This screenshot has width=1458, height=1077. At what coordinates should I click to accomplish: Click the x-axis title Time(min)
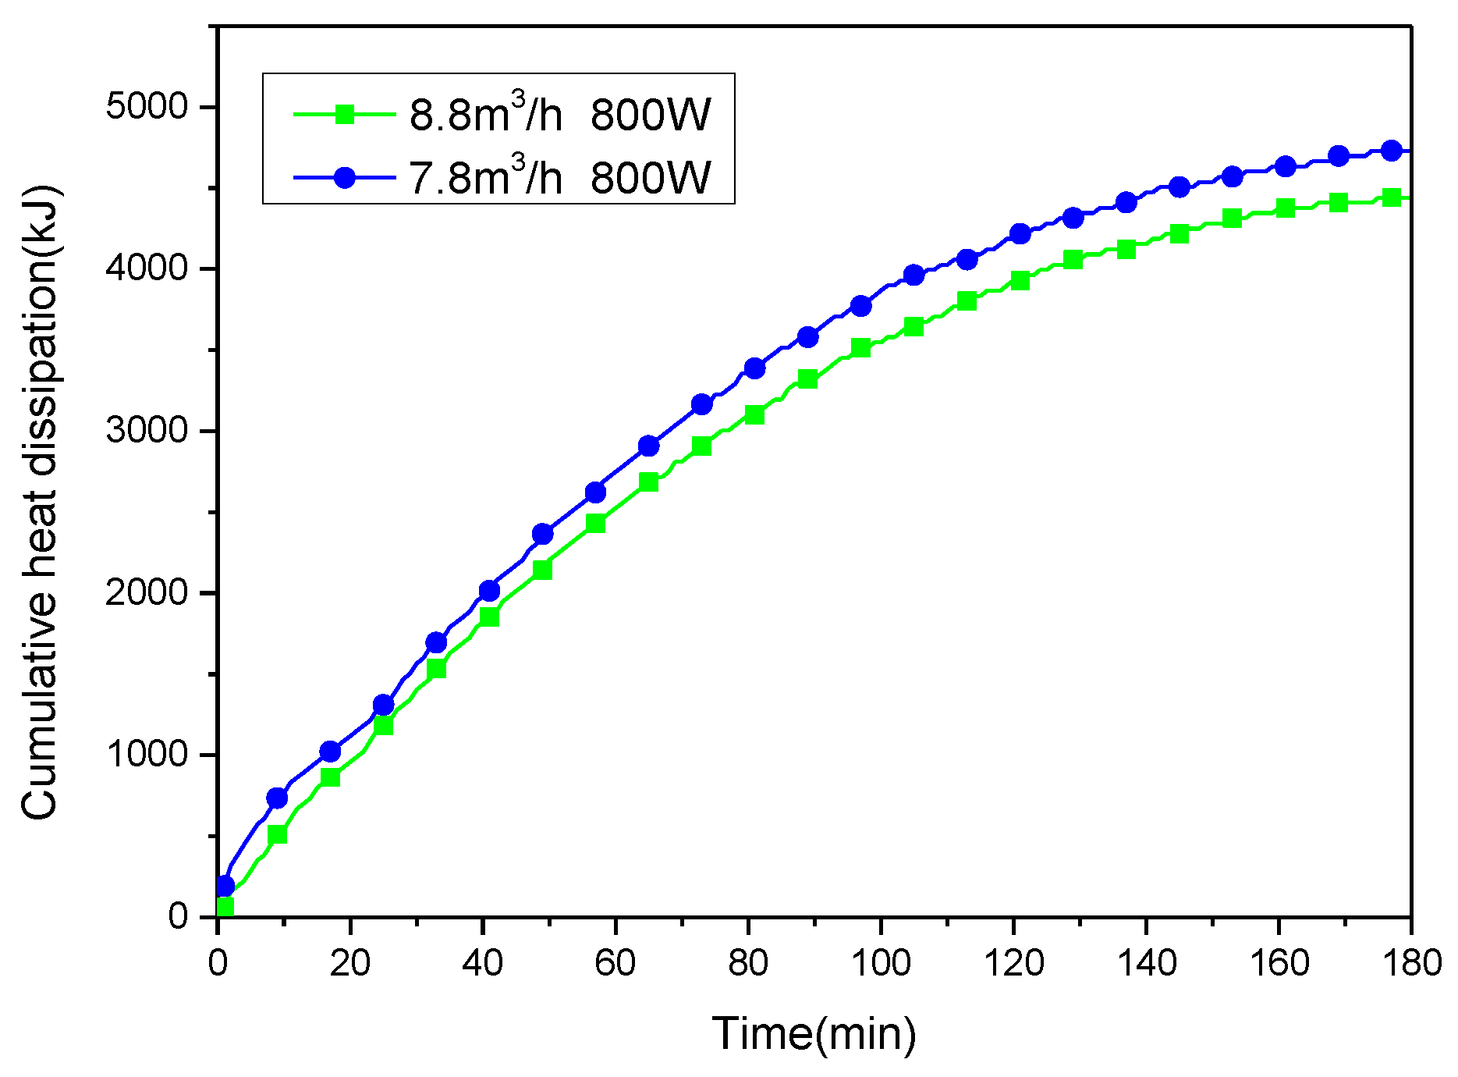(x=813, y=1034)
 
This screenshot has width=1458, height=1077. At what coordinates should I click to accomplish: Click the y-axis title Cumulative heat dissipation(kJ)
(x=39, y=503)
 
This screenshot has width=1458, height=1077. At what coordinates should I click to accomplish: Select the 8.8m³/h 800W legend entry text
(x=559, y=115)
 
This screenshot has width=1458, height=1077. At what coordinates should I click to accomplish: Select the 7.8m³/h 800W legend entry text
(x=559, y=178)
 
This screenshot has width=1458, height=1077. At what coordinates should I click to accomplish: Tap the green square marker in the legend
(x=345, y=115)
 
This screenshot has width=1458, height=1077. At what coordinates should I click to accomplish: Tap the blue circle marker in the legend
(x=345, y=178)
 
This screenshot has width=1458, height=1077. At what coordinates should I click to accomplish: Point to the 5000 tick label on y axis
(x=147, y=107)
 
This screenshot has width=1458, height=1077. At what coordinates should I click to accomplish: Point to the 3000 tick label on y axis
(x=147, y=431)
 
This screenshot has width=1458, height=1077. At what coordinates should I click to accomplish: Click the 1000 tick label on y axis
(x=147, y=755)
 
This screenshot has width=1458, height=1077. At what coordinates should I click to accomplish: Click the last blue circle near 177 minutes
(x=1391, y=151)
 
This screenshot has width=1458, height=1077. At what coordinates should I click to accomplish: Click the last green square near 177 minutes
(x=1391, y=197)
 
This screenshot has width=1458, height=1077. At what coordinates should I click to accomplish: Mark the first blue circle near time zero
(x=225, y=886)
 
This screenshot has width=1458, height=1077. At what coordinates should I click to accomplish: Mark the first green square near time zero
(x=225, y=907)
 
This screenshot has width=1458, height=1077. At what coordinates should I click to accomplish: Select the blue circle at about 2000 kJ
(x=489, y=591)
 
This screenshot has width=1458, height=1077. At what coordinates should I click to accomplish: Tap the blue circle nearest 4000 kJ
(x=913, y=275)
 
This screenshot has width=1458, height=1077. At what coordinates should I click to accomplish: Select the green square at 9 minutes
(x=277, y=834)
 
